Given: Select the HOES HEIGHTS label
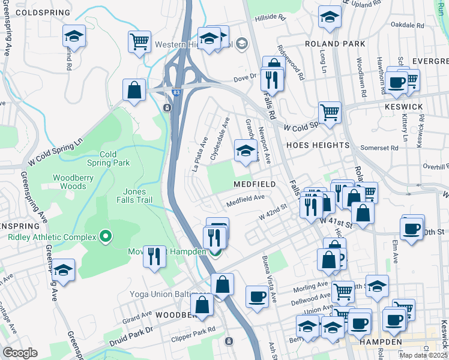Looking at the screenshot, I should (x=318, y=145).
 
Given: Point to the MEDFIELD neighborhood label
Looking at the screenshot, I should (x=255, y=184).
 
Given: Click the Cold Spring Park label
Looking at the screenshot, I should (x=108, y=158).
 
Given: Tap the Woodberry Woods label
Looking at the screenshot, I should (x=78, y=182).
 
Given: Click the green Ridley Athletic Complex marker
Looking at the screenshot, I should (x=106, y=236).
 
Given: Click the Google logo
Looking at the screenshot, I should (x=20, y=353).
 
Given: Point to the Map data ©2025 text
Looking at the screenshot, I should (x=423, y=355).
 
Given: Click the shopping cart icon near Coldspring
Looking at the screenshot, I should (x=139, y=42).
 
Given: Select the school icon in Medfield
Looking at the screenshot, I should (x=245, y=151).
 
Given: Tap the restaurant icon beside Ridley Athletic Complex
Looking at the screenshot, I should (x=155, y=256).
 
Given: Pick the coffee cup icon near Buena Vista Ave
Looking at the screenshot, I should (x=257, y=296).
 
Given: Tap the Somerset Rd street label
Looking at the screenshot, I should (x=379, y=148).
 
